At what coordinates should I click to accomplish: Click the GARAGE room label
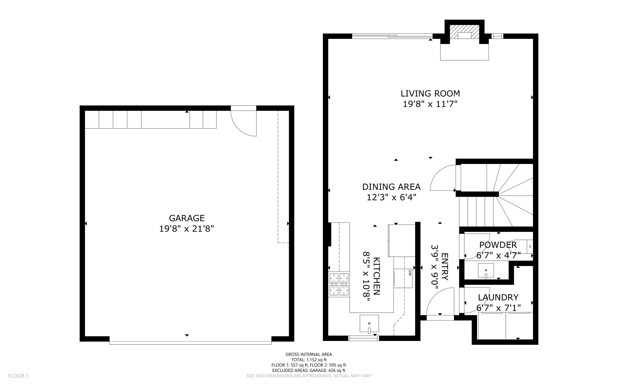click(x=186, y=218)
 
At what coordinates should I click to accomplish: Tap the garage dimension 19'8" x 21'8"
click(x=186, y=229)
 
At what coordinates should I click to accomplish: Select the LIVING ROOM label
click(x=430, y=93)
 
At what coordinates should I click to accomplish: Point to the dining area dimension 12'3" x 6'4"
click(x=391, y=197)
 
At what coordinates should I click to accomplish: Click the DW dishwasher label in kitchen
click(x=410, y=273)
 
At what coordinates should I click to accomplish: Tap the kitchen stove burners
click(x=339, y=284)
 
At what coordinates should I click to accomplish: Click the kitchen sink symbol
click(x=369, y=324)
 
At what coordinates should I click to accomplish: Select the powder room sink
click(x=486, y=270)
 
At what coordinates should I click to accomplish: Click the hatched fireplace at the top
click(x=464, y=31)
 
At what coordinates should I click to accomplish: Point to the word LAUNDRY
click(x=498, y=297)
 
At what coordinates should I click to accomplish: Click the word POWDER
click(x=498, y=244)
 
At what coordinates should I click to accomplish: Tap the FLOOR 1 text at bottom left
click(x=18, y=376)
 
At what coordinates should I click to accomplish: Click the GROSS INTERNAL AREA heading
click(x=309, y=354)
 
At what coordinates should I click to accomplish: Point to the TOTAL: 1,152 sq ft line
click(x=309, y=360)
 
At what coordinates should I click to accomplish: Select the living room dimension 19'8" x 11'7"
click(x=430, y=104)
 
